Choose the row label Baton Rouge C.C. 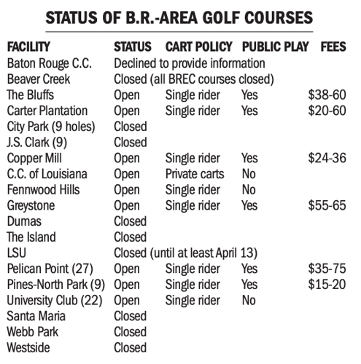point(50,63)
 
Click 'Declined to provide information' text point(190,63)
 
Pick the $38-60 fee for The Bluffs point(327,95)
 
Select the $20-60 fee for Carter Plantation point(327,111)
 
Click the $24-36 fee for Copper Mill point(327,158)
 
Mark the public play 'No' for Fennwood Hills point(249,190)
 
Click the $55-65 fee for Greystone point(327,206)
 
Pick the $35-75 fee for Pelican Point point(327,269)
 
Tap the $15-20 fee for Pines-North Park point(327,285)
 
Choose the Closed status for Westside point(131,348)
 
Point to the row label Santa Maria point(35,317)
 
